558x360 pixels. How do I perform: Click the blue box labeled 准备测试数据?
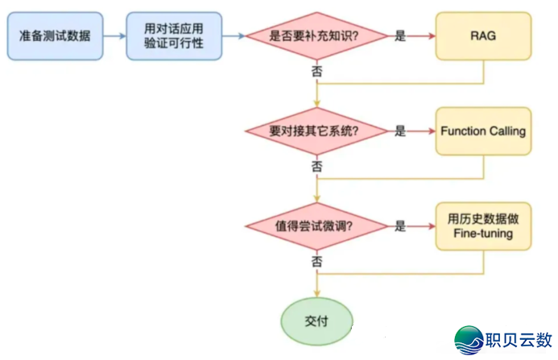(56, 36)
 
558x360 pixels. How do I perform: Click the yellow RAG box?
(483, 36)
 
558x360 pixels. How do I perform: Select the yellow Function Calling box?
(483, 131)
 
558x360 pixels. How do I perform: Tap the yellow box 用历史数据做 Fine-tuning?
(483, 226)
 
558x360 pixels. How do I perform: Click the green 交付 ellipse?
(317, 320)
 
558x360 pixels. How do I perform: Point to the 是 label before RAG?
(400, 36)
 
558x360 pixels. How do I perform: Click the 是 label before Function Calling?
(400, 131)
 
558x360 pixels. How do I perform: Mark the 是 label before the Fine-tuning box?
(400, 226)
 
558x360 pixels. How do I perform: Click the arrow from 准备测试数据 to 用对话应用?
(114, 36)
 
